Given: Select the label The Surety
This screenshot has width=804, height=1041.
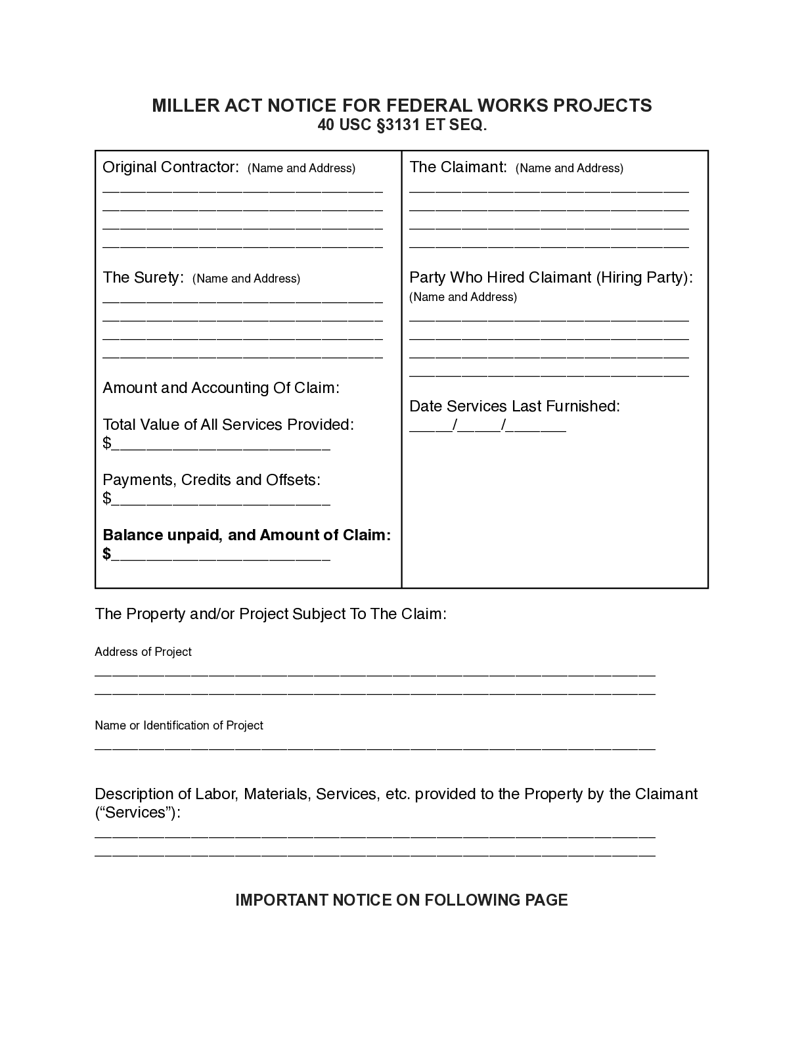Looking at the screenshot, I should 143,278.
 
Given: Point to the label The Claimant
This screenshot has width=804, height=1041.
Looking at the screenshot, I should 458,168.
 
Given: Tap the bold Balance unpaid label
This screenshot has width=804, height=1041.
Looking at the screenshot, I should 246,535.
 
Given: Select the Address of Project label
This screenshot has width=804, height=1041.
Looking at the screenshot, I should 143,652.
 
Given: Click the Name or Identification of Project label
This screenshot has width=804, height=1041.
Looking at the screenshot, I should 179,726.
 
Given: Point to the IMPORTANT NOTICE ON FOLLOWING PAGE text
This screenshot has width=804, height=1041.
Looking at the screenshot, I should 401,900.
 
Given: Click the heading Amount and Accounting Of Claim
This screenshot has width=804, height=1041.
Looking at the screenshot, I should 221,388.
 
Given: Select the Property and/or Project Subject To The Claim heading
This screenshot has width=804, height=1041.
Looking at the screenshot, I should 271,614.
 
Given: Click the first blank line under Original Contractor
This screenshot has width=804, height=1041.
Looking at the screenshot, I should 242,190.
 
